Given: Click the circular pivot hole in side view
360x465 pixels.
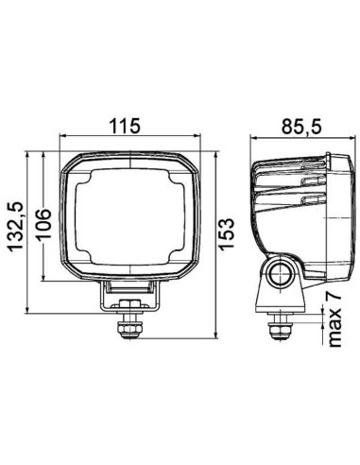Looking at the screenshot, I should [280, 275].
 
